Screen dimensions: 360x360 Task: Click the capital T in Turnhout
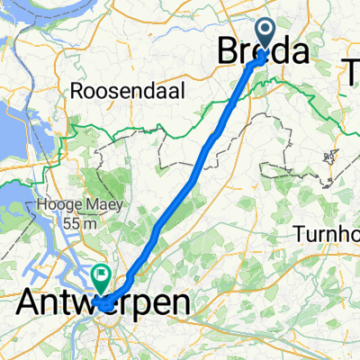coord(299,234)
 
